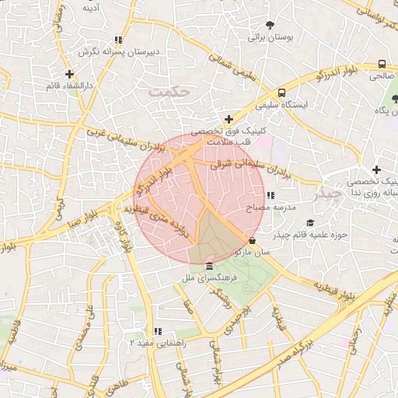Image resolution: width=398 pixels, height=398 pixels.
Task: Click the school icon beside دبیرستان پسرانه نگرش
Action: [118, 40]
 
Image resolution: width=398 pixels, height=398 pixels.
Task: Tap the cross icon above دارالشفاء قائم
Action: [70, 74]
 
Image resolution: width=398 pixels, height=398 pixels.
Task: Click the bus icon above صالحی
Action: [382, 65]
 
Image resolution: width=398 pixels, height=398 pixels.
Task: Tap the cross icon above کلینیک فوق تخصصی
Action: [228, 119]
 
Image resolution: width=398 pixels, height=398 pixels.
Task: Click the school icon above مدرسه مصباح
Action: [270, 196]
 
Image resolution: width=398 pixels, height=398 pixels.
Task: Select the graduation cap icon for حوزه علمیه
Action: [310, 222]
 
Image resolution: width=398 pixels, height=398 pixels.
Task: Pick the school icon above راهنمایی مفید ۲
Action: [158, 330]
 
